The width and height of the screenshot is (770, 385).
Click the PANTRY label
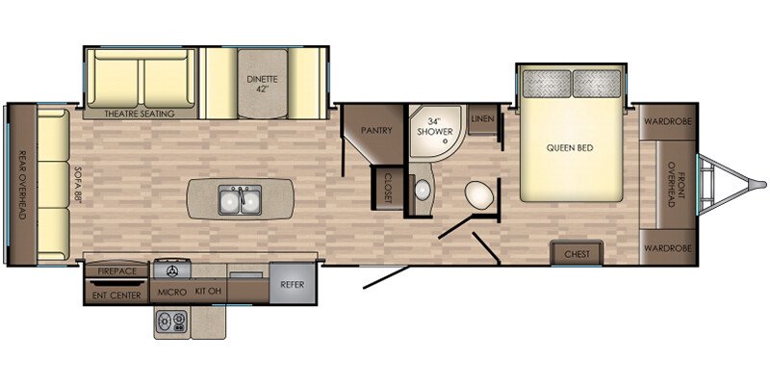[x=376, y=130]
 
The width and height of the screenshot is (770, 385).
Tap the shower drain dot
[x=445, y=141]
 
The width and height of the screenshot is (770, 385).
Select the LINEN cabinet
[x=482, y=119]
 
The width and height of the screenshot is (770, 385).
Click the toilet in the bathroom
[x=478, y=194]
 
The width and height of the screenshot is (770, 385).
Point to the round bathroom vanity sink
[x=422, y=189]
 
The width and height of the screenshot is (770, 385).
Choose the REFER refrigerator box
[x=293, y=283]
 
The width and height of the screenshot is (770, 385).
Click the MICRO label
[x=172, y=293]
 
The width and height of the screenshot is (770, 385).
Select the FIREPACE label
[x=116, y=271]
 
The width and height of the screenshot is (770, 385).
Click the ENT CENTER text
[x=116, y=295]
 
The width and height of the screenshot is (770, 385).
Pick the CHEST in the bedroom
[x=577, y=254]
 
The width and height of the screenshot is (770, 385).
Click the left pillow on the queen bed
[x=546, y=83]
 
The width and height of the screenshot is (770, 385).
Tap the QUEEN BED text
[x=570, y=148]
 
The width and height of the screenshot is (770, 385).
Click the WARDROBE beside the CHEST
[x=668, y=247]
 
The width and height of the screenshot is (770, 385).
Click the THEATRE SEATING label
[x=140, y=114]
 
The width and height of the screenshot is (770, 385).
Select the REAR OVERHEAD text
[x=21, y=184]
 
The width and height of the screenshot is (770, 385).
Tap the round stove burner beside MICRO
[x=172, y=271]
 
